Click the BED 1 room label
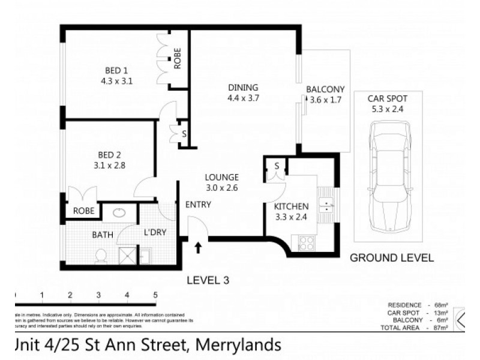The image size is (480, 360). pos(116,68)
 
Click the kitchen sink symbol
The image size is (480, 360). pos(326,206)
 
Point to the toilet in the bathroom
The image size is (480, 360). pos(101,256)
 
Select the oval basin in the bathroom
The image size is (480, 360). pos(117,211)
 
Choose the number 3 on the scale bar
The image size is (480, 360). pos(98,295)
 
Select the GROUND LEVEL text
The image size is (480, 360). pos(392,258)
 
